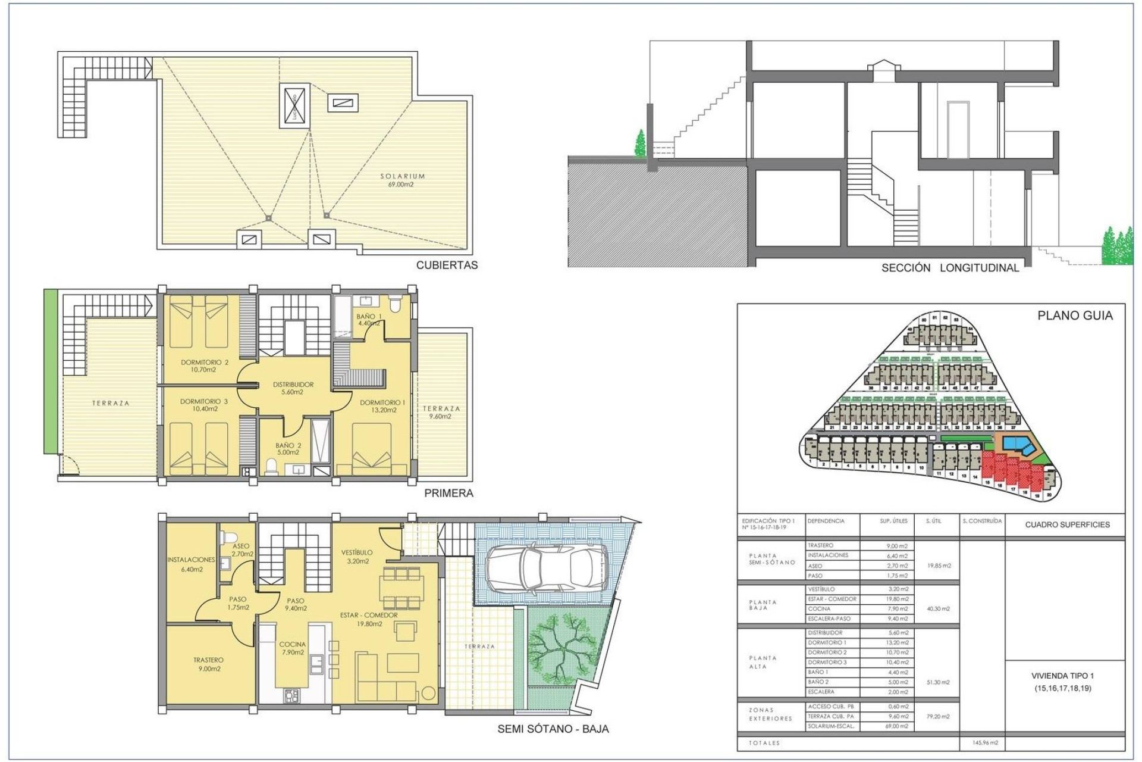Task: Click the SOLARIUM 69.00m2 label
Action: point(402,180)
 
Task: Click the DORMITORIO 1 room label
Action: point(382,406)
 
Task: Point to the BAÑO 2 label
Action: point(288,449)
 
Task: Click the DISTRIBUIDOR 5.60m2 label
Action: point(293,388)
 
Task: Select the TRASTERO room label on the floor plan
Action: point(208,664)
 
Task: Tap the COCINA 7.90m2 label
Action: point(293,648)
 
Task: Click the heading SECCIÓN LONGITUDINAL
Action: point(950,268)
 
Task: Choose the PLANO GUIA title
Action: point(1074,316)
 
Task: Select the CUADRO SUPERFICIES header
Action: point(1067,524)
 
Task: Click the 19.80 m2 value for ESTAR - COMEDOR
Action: point(897,599)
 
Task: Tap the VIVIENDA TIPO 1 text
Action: point(1062,676)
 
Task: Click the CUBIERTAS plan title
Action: point(447,266)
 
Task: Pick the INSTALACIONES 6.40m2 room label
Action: point(191,564)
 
